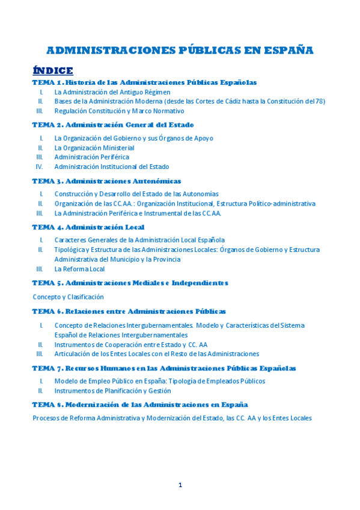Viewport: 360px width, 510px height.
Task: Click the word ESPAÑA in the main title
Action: pos(288,50)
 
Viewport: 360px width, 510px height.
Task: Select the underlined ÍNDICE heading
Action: pos(53,70)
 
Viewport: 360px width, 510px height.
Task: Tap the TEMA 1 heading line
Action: pos(144,82)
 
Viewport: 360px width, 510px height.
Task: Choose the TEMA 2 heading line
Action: pos(113,125)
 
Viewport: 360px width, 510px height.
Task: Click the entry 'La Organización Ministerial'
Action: pos(94,147)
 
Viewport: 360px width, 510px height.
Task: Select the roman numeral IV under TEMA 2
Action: pos(39,167)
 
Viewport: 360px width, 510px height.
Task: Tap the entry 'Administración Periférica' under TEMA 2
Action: pos(91,157)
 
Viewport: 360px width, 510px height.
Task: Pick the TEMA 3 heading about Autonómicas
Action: pos(106,181)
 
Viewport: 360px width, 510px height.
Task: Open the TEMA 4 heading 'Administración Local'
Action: pos(88,227)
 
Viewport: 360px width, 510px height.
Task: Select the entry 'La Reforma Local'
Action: pos(79,269)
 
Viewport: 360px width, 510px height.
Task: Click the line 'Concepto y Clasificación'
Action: pos(68,296)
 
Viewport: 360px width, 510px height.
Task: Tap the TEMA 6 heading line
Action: pos(129,312)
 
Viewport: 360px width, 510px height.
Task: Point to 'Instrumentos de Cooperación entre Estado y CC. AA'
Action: pos(130,345)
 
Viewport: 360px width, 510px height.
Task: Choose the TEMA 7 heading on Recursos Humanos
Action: pos(163,368)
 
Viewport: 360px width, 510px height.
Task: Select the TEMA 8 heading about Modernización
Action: pos(139,405)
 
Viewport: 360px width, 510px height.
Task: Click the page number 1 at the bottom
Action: pos(180,485)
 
